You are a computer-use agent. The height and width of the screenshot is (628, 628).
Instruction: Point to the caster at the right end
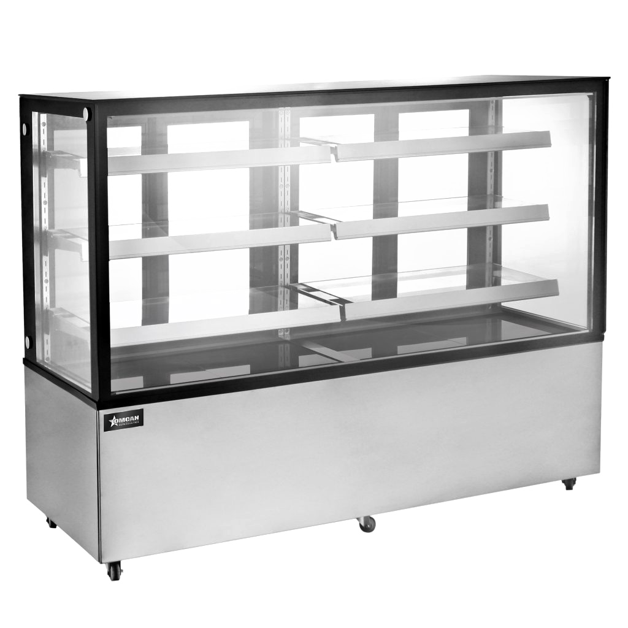(x=569, y=483)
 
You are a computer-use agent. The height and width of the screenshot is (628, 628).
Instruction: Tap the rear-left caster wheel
(x=51, y=523)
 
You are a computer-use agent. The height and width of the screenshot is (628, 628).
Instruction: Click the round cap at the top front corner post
(x=87, y=113)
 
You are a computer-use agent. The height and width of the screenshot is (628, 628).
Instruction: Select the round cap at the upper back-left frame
(x=25, y=129)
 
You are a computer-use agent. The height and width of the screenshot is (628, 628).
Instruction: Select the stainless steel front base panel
(x=343, y=454)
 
